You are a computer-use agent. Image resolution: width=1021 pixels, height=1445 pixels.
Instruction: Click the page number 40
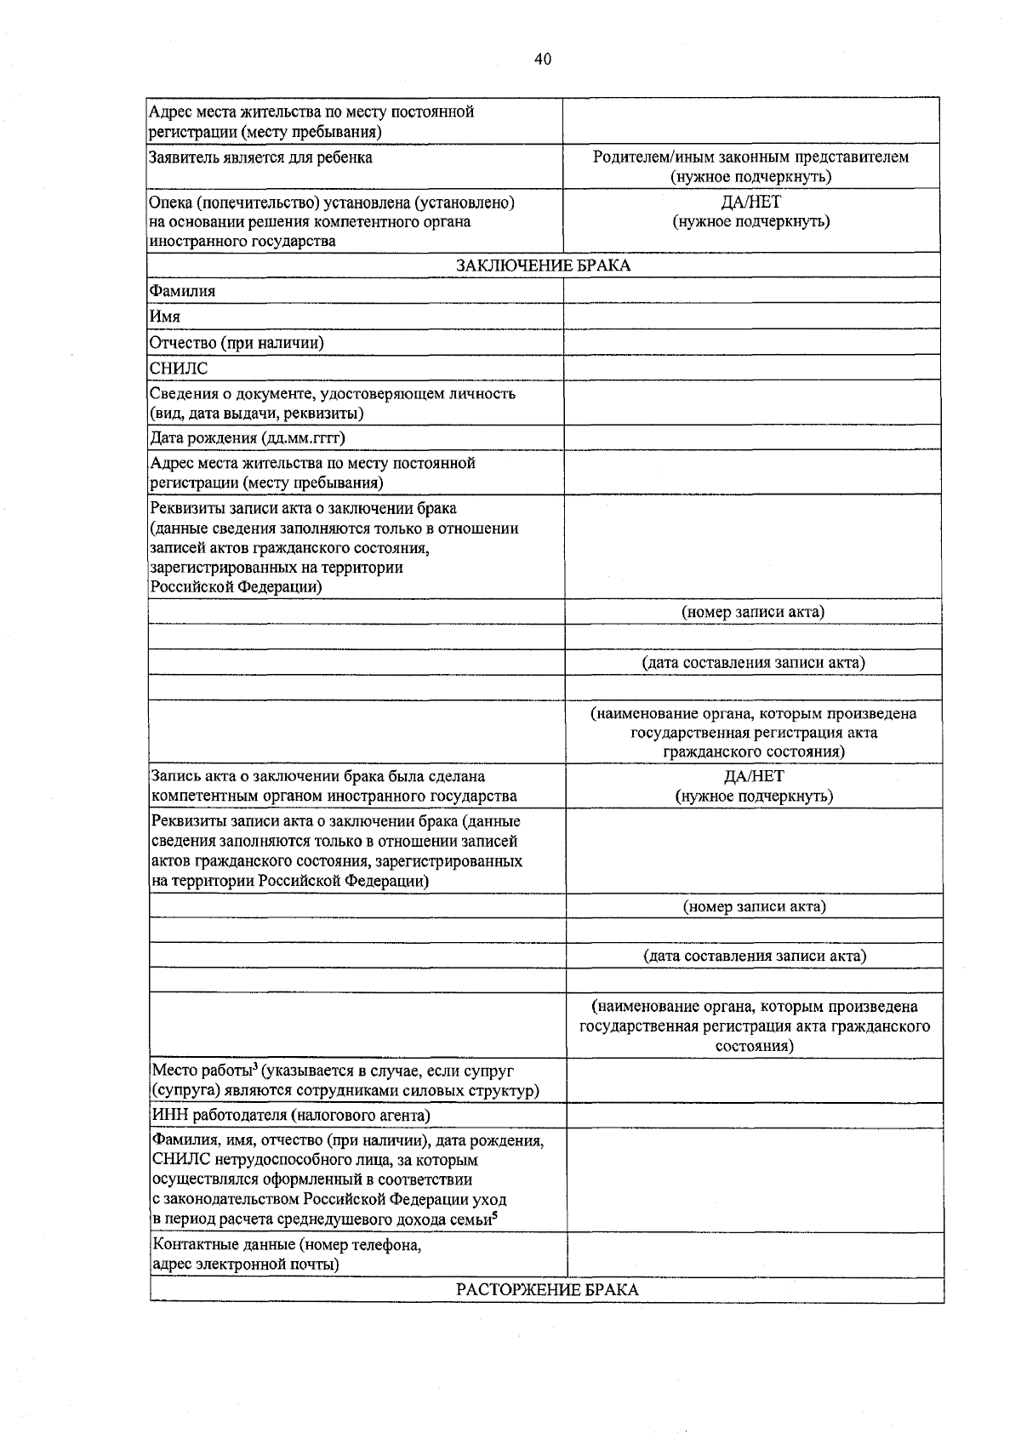(x=543, y=59)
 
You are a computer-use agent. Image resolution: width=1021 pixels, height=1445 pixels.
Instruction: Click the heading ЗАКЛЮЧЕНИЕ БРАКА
(x=543, y=266)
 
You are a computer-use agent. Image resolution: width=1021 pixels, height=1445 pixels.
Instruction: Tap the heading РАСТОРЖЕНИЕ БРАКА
(x=547, y=1289)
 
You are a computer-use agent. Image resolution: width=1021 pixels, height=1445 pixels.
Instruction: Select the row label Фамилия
(x=183, y=291)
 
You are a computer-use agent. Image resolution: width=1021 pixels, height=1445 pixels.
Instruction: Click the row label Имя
(x=165, y=317)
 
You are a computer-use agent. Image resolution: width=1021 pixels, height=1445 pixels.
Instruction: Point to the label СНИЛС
(x=179, y=368)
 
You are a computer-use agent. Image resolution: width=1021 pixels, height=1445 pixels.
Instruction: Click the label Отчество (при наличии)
(x=237, y=343)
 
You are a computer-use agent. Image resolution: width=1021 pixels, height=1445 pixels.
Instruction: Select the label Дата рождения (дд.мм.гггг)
(x=248, y=438)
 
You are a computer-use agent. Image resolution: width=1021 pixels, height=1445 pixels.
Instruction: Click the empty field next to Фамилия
(x=752, y=291)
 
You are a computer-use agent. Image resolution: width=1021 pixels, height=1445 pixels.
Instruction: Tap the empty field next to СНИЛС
(x=752, y=368)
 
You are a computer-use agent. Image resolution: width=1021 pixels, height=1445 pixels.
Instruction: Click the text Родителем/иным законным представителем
(x=751, y=157)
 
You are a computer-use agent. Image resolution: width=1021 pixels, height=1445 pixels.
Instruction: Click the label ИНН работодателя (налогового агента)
(x=290, y=1115)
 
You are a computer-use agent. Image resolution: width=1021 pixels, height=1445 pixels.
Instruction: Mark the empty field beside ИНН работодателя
(x=755, y=1115)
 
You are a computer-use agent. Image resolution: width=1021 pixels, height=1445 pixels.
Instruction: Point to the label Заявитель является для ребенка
(x=260, y=157)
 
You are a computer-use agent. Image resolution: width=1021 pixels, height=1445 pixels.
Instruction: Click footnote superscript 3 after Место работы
(x=255, y=1065)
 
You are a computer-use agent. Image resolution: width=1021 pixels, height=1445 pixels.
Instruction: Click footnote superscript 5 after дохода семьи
(x=495, y=1214)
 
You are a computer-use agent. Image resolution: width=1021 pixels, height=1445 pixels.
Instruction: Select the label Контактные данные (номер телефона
(x=287, y=1245)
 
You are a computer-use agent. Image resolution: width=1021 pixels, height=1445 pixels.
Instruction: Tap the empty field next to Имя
(x=752, y=317)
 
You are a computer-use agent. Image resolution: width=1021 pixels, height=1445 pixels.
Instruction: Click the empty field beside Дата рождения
(x=752, y=438)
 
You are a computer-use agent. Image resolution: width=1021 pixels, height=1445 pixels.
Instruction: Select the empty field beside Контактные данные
(x=755, y=1254)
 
